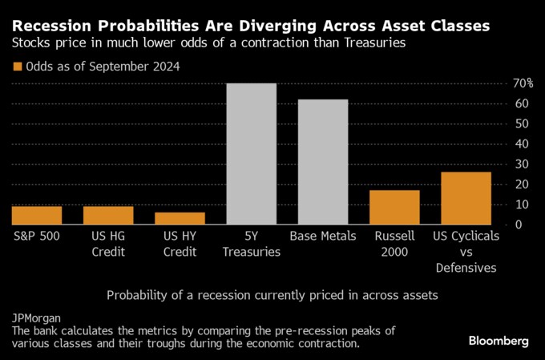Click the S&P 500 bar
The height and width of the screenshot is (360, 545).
coord(37,215)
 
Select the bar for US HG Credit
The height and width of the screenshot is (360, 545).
coord(108,215)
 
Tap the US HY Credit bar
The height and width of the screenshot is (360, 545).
coord(180,218)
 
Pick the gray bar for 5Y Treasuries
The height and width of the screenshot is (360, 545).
coord(252,154)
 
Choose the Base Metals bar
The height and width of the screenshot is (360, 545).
coord(323,162)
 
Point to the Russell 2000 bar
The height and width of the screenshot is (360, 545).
coord(394,207)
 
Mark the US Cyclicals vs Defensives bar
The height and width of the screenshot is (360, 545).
coord(466,198)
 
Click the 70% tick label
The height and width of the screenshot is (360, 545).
coord(523,83)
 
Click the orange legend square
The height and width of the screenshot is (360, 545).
coord(17,67)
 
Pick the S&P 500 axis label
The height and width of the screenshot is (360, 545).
coord(37,237)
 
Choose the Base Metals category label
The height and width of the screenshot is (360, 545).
coord(323,237)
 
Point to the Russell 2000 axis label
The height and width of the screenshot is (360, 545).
coord(394,245)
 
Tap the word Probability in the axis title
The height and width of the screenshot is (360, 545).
coord(138,295)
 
